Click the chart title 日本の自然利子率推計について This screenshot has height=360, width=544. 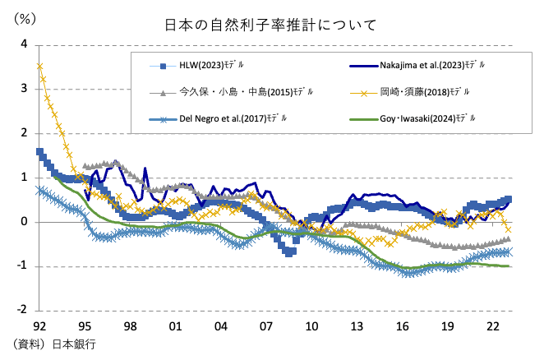pyautogui.click(x=271, y=25)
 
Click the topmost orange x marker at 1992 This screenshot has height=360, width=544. pyautogui.click(x=39, y=66)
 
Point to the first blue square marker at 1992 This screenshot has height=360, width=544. pyautogui.click(x=39, y=152)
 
